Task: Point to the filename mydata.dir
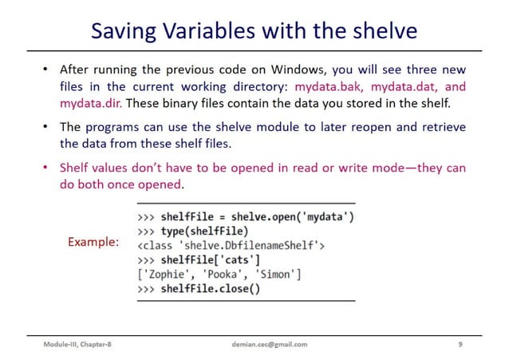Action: (90, 102)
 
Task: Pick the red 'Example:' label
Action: (93, 240)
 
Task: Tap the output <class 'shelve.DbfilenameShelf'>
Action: (231, 246)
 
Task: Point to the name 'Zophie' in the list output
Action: (165, 275)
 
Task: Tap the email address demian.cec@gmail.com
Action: (263, 344)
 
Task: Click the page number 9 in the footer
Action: (460, 344)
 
